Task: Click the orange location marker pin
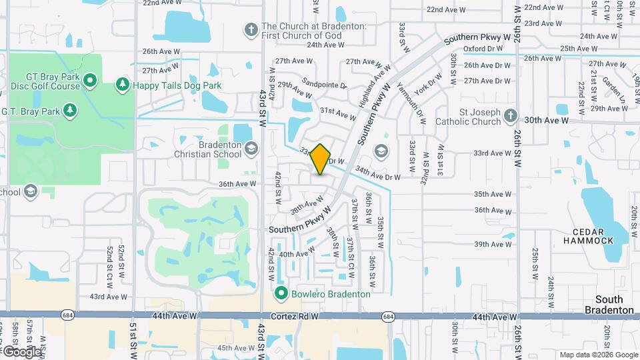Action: [x=321, y=159]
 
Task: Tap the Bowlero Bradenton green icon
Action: [x=281, y=293]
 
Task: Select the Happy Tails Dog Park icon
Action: [x=122, y=85]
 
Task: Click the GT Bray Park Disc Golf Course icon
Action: [x=91, y=81]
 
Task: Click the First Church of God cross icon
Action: [x=251, y=29]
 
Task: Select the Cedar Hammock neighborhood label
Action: [x=587, y=235]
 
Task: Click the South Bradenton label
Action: [x=609, y=305]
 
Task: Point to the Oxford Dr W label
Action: [x=482, y=49]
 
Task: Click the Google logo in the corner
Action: [x=22, y=351]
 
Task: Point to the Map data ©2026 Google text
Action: [x=598, y=355]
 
